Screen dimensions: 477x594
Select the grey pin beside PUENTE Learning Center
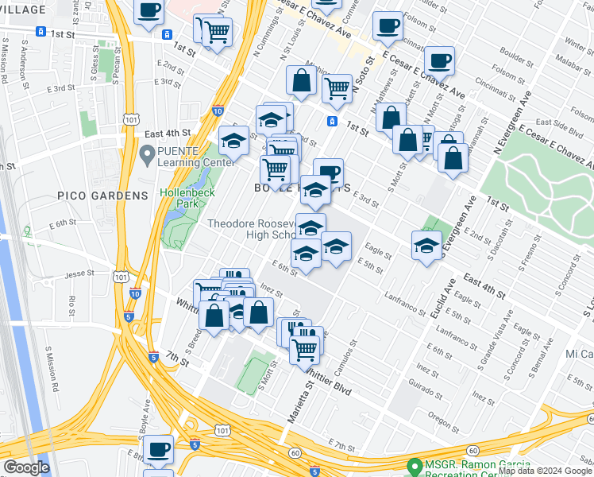pos(145,153)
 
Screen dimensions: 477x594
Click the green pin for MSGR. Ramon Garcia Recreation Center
pos(413,466)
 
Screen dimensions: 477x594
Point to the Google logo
pos(25,468)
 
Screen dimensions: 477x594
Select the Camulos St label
pos(342,357)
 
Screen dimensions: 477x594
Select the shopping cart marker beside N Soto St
pos(337,88)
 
